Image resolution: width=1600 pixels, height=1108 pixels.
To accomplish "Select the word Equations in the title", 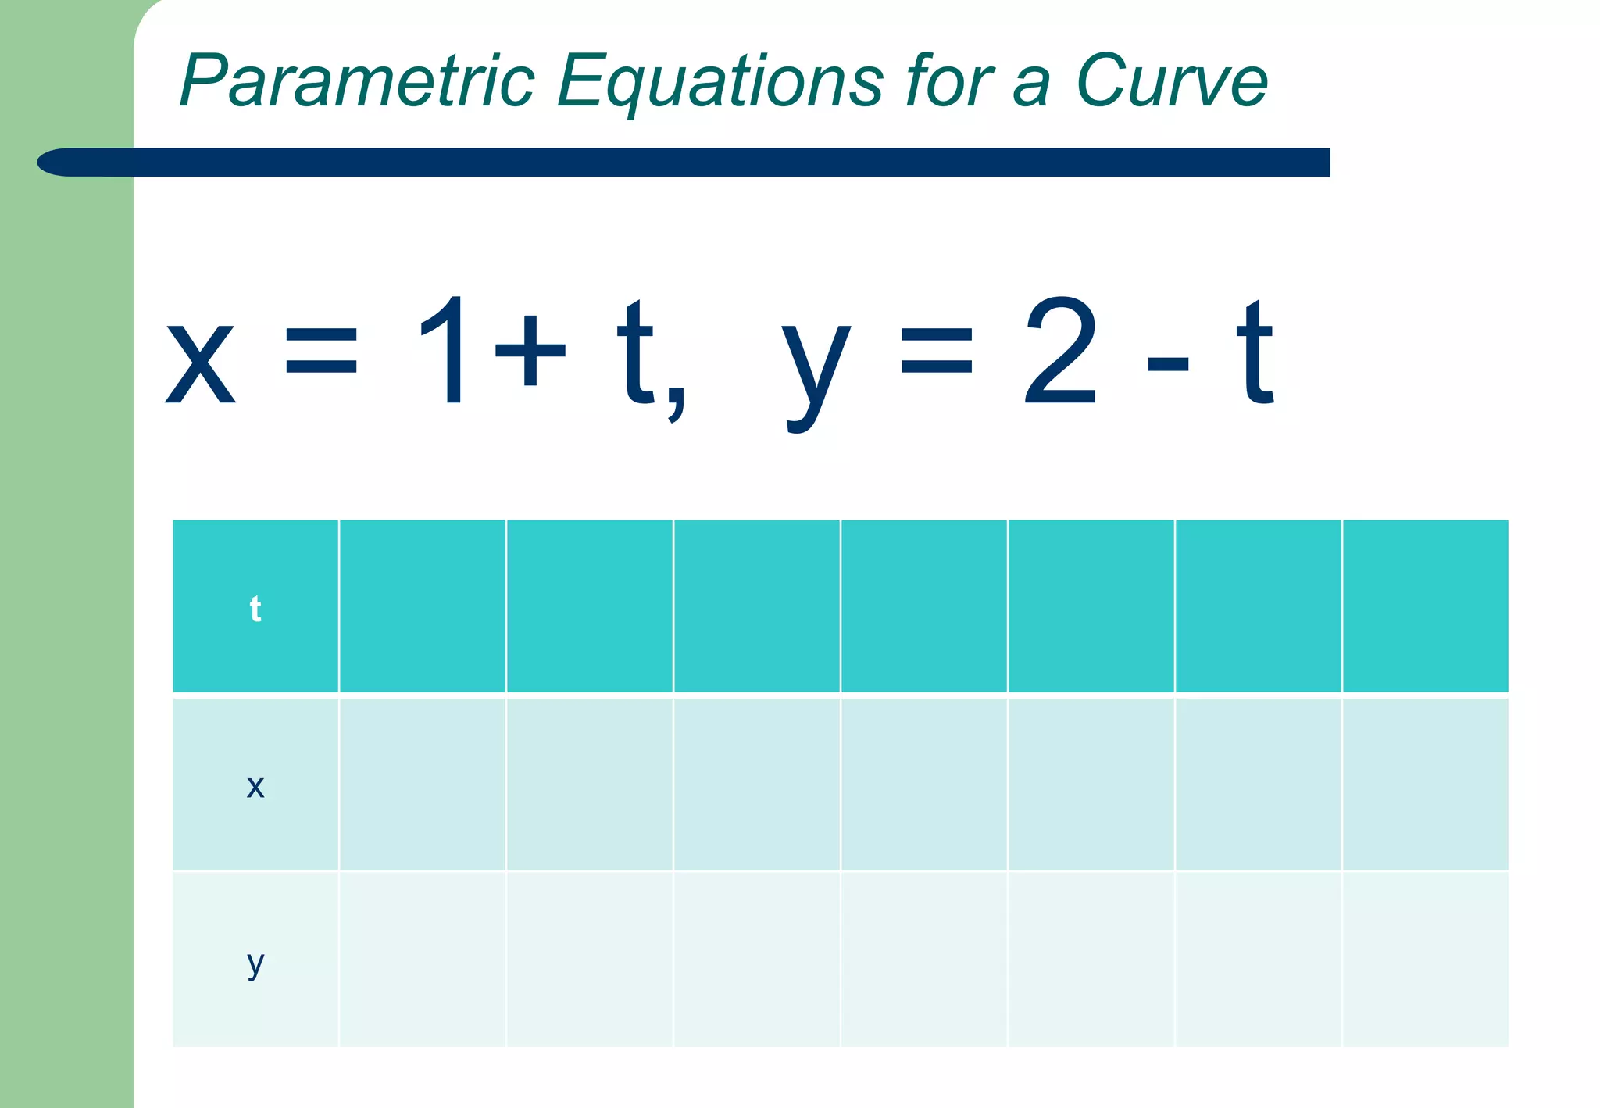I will (720, 82).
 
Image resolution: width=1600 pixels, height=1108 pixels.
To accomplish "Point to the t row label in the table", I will (255, 609).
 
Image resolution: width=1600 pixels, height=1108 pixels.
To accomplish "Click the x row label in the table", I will (255, 786).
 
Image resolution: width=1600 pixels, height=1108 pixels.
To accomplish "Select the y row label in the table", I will (255, 963).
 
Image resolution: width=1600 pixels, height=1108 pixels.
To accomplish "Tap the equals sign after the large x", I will (321, 352).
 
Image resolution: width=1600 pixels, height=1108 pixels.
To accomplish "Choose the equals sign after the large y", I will (937, 352).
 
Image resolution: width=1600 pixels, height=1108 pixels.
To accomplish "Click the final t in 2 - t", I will (1255, 352).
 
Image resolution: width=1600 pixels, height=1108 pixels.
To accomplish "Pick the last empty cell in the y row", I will (1425, 960).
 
